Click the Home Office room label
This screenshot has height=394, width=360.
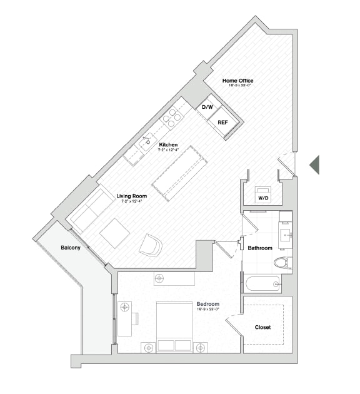point(238,81)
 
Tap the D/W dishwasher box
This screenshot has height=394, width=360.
point(207,108)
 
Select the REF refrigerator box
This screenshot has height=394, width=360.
point(222,122)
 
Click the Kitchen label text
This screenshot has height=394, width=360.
point(168,145)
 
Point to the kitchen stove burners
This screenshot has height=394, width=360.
point(172,116)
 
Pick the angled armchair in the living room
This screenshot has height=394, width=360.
point(151,245)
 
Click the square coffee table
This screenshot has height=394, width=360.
point(115,233)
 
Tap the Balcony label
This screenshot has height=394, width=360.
point(70,248)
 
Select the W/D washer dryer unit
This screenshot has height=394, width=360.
point(263,194)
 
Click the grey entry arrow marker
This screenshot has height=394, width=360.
point(314,164)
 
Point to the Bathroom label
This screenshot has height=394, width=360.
point(260,248)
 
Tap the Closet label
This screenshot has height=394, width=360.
point(263,327)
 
